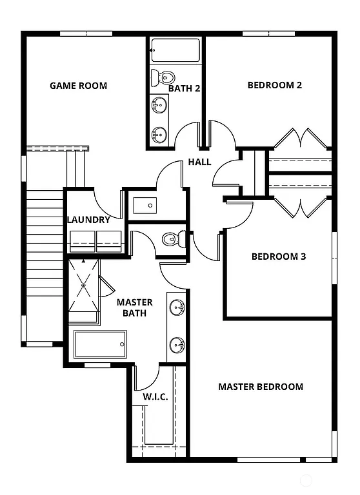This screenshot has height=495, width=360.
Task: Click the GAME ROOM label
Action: [79, 86]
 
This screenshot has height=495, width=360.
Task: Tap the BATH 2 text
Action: [185, 88]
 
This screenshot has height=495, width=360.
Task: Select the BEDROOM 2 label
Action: [275, 85]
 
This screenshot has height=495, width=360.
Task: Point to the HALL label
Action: [199, 162]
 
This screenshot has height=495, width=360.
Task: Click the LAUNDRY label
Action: [88, 220]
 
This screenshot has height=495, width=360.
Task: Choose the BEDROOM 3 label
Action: [278, 257]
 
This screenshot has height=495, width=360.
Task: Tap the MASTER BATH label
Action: [135, 307]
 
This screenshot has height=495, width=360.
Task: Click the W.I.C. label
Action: [155, 396]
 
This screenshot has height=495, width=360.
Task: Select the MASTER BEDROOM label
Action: [261, 387]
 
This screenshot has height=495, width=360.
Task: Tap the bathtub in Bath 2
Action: [175, 50]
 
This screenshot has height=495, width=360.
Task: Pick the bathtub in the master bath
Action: [100, 344]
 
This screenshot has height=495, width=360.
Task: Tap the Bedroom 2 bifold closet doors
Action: [301, 139]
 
